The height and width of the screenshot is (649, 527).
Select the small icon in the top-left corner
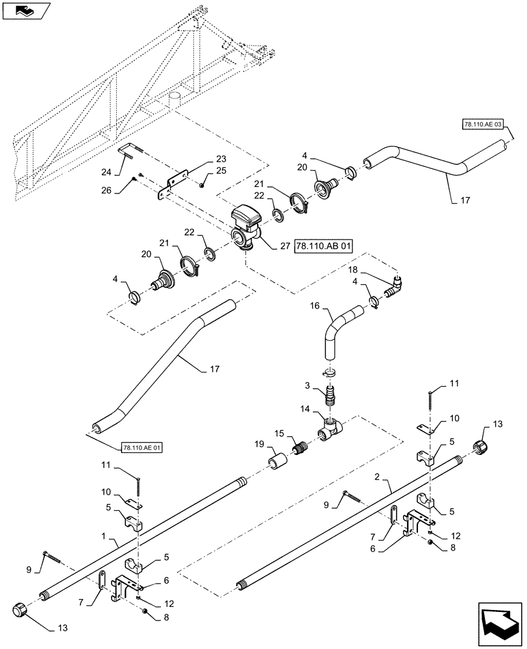pyautogui.click(x=25, y=10)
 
